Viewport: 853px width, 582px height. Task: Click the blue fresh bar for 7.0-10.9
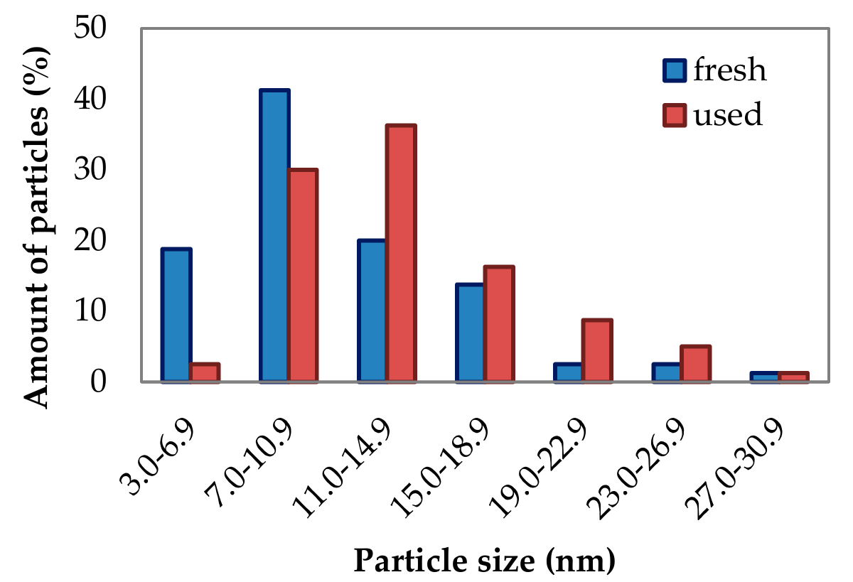274,236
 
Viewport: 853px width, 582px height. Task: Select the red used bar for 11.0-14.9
401,254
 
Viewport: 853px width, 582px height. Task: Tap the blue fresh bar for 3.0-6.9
176,316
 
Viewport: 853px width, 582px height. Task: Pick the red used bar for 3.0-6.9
205,373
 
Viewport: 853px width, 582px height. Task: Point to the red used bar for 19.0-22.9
597,351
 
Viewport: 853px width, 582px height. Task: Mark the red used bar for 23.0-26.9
695,364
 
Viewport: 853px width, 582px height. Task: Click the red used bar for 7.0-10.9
303,276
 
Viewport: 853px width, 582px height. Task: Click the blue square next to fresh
674,71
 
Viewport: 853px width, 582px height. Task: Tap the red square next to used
674,114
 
